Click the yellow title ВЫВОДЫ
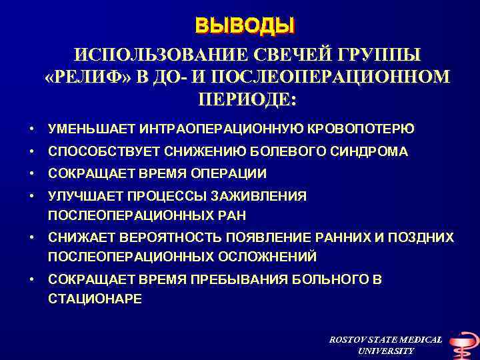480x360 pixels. tap(244, 26)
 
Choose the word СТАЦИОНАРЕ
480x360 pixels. tap(95, 298)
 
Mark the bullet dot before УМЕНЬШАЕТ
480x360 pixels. tap(31, 128)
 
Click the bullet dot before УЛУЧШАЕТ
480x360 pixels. tap(31, 196)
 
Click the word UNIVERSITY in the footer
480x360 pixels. tap(385, 351)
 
